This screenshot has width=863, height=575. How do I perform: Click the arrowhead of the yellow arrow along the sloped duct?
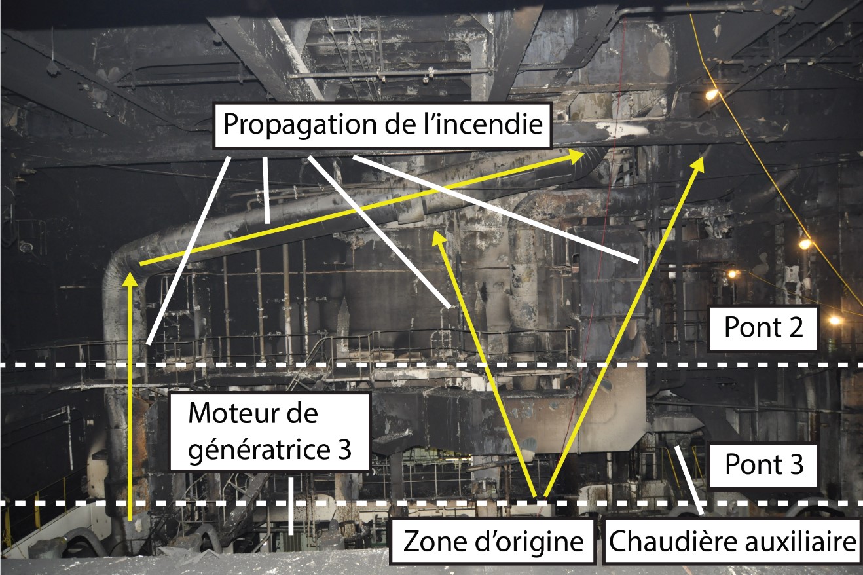pos(579,154)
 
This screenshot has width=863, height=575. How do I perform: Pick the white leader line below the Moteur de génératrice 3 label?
pos(290,504)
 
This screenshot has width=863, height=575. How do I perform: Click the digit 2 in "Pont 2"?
pos(799,327)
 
